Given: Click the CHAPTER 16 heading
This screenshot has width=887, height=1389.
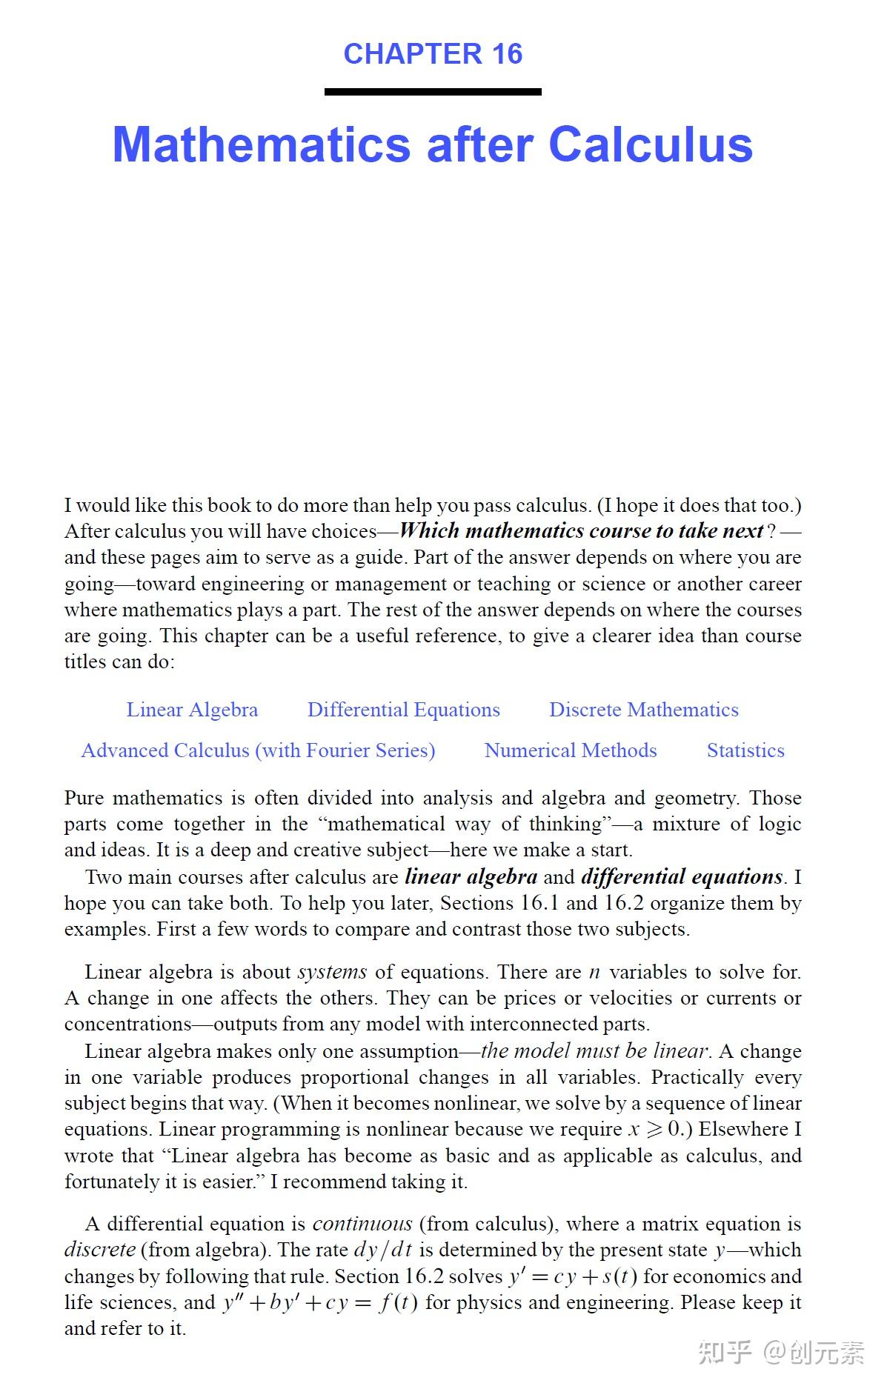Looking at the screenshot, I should (433, 54).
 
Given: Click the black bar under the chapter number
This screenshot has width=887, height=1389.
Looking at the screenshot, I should (433, 92).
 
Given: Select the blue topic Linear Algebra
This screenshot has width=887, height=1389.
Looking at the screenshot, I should (192, 710).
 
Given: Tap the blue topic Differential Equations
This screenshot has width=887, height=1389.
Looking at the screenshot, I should (404, 710).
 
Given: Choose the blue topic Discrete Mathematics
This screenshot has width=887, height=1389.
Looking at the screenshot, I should (643, 710).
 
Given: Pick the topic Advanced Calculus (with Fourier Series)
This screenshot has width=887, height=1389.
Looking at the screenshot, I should (258, 750).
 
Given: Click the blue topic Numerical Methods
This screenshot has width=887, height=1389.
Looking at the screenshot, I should (571, 750).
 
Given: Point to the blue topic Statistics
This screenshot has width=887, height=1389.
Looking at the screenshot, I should (745, 750).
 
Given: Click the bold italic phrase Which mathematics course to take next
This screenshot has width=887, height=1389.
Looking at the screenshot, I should (581, 531).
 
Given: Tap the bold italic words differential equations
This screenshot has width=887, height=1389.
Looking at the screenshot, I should (682, 877).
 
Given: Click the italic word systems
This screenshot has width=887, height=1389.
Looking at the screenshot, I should (332, 972).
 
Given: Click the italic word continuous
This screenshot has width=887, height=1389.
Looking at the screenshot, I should (362, 1224).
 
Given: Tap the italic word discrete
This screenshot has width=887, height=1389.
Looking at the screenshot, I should (99, 1250).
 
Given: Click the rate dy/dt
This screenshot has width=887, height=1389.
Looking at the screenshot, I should (382, 1250).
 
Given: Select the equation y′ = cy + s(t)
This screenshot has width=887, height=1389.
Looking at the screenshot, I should (572, 1276).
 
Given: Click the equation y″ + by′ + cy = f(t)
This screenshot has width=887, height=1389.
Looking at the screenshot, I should (320, 1302).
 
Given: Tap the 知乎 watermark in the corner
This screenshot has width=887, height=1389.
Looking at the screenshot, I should (724, 1352).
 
